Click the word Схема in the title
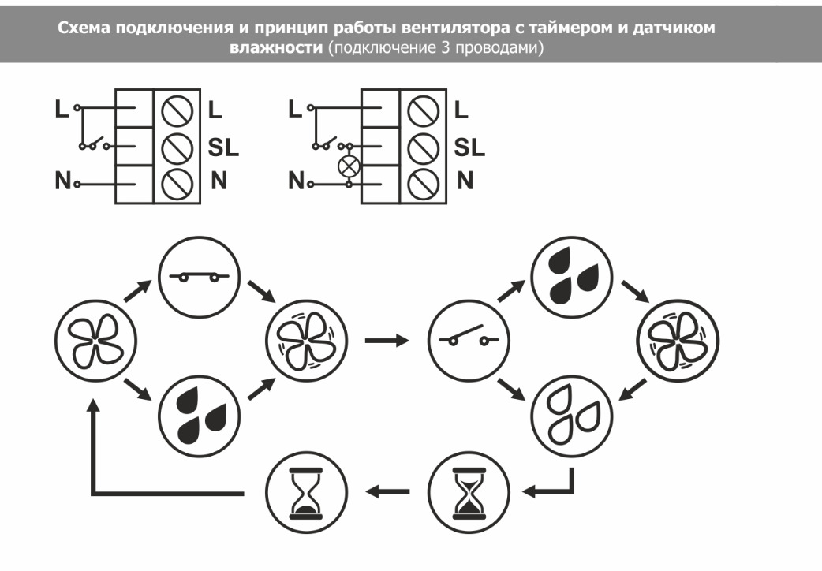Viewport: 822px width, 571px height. pos(82,28)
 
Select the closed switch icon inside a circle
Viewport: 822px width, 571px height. pos(199,278)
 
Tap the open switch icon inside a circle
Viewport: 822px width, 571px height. pos(468,341)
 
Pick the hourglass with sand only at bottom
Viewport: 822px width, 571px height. pos(305,491)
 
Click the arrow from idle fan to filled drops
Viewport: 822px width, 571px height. pos(137,388)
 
